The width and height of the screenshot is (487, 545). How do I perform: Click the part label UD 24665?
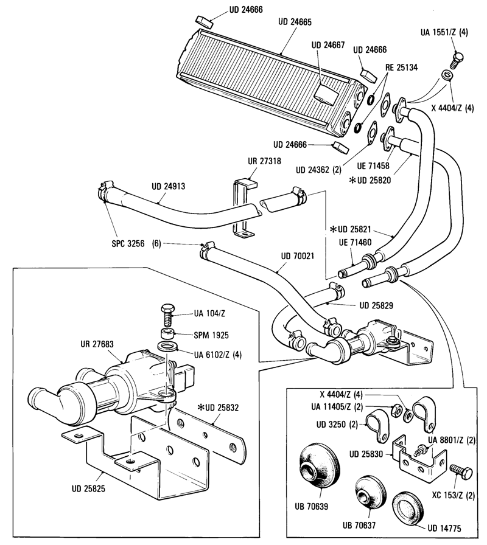295,23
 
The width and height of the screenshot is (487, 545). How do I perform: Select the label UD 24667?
328,45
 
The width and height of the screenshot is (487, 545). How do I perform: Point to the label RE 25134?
401,68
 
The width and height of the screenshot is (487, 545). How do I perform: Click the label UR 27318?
264,161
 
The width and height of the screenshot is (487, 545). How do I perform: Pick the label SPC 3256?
128,244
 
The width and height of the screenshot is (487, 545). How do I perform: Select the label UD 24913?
169,186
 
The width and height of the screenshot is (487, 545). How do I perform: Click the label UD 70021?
298,256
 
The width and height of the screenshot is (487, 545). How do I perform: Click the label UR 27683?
97,344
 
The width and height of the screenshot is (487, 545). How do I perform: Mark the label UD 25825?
88,488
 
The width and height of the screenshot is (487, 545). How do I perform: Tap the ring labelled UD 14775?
408,510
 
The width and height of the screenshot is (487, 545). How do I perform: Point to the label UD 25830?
366,454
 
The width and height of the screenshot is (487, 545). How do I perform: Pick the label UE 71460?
355,242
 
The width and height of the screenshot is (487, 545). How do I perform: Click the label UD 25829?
376,305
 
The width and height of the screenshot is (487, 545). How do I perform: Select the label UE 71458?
373,166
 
